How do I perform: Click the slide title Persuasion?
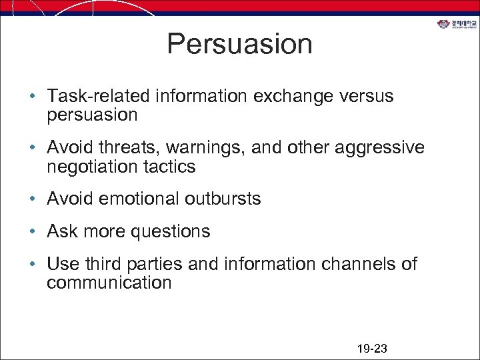[239, 44]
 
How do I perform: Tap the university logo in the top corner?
[457, 25]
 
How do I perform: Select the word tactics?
[172, 167]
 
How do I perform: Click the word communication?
[109, 283]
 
